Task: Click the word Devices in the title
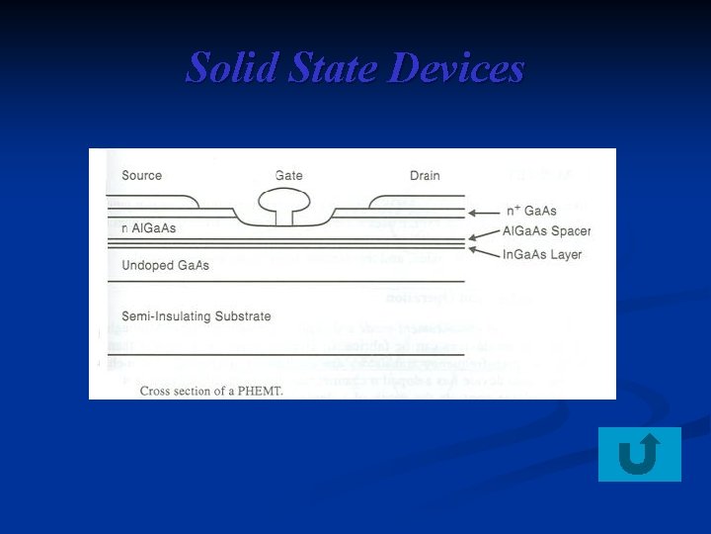pyautogui.click(x=456, y=68)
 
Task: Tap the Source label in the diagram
pyautogui.click(x=141, y=176)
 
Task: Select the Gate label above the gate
pyautogui.click(x=288, y=176)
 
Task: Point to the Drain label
pyautogui.click(x=425, y=176)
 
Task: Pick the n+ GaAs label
pyautogui.click(x=531, y=211)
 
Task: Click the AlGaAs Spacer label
pyautogui.click(x=546, y=231)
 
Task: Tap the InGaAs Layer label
pyautogui.click(x=542, y=254)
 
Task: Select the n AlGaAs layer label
pyautogui.click(x=148, y=228)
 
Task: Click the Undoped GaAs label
pyautogui.click(x=165, y=266)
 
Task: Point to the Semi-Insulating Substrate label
pyautogui.click(x=196, y=316)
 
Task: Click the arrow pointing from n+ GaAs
pyautogui.click(x=483, y=212)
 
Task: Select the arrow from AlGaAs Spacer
pyautogui.click(x=483, y=233)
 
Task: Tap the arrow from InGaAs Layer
pyautogui.click(x=483, y=251)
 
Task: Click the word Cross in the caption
pyautogui.click(x=156, y=391)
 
